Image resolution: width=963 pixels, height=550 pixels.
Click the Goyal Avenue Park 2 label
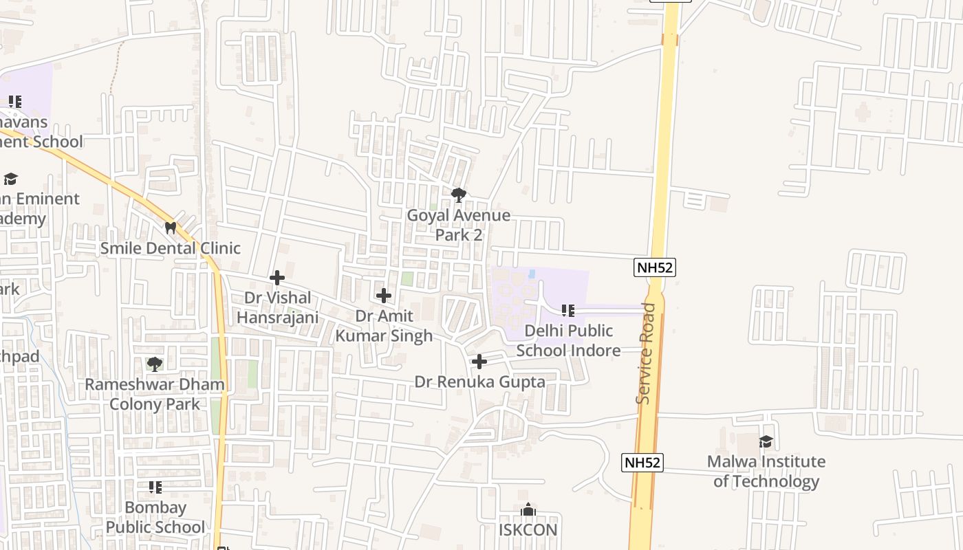tap(459, 225)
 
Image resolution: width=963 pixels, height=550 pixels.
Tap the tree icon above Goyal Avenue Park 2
tap(459, 195)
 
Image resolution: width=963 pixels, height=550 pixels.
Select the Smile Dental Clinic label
tap(171, 248)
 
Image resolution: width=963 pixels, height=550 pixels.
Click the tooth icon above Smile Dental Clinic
tap(170, 227)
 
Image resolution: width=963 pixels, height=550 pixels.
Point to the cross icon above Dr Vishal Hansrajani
tap(277, 278)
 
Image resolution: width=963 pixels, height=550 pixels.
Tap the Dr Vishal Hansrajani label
tap(278, 307)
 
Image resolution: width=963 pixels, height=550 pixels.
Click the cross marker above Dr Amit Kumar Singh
tap(384, 296)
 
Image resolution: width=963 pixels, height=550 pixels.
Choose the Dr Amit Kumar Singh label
tap(384, 325)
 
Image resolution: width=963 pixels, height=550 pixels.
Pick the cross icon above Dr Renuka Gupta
tap(479, 362)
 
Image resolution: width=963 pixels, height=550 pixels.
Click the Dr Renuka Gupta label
tap(479, 382)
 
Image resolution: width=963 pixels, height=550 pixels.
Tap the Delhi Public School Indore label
tap(568, 340)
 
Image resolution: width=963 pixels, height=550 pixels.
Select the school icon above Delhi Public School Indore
tap(567, 311)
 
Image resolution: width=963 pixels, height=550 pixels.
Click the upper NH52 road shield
tap(655, 267)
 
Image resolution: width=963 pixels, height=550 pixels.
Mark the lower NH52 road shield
tap(642, 462)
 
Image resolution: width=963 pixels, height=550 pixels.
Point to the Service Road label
tap(645, 353)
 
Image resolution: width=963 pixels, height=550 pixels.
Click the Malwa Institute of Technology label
tap(766, 471)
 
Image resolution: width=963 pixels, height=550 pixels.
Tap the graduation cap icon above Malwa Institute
tap(766, 441)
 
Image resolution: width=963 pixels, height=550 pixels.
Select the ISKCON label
tap(528, 530)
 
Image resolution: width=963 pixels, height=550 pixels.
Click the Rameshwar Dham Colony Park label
tap(155, 394)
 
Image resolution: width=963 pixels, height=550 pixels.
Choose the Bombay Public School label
tap(155, 517)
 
